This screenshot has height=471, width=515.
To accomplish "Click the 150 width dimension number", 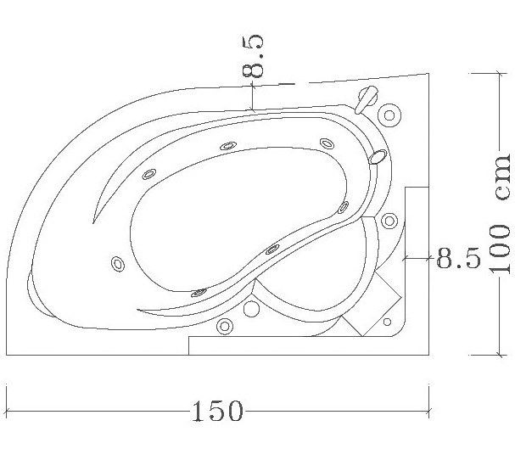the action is [x=217, y=412].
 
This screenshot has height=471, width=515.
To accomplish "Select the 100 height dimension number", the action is [x=500, y=249].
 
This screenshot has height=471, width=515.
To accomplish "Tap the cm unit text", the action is [x=502, y=177].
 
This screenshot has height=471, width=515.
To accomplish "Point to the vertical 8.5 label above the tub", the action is [x=253, y=57].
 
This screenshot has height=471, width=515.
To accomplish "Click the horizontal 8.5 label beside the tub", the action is [x=458, y=258].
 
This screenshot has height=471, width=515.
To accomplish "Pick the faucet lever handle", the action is [x=367, y=99].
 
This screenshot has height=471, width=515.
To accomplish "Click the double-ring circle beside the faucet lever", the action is [x=389, y=115].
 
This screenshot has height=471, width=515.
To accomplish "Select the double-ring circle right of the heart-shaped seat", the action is [x=389, y=221].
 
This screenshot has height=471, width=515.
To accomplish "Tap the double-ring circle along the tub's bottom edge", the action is [x=225, y=326].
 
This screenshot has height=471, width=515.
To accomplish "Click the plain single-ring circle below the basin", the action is [x=251, y=309].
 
